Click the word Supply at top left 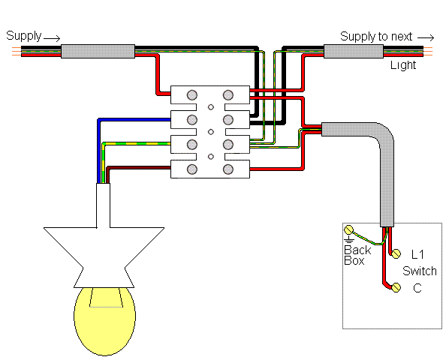coord(24,36)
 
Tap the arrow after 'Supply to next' coord(426,37)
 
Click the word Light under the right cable coord(403,65)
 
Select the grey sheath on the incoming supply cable coord(98,51)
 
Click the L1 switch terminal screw coord(396,253)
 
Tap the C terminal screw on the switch coord(396,287)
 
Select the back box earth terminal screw coord(348,229)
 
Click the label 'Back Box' coord(357,256)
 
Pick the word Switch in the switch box coord(420,271)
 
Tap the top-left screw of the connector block coord(192,95)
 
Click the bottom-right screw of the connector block coord(228,169)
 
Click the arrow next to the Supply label coord(52,38)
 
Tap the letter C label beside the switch coord(417,288)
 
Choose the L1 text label coord(417,254)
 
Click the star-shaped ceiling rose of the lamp coord(104,257)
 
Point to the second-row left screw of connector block coord(192,119)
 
